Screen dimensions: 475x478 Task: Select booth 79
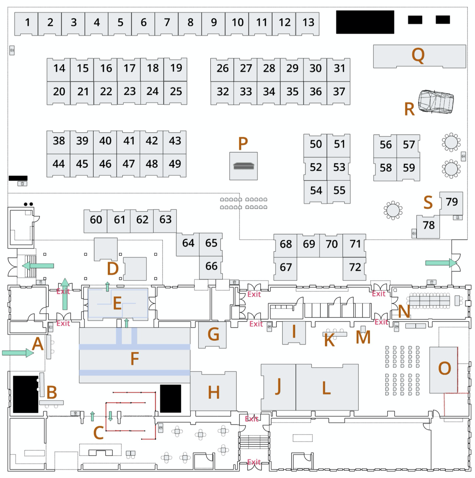pyautogui.click(x=451, y=203)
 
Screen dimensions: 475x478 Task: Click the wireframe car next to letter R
pyautogui.click(x=436, y=102)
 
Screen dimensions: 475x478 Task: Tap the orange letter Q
pyautogui.click(x=418, y=55)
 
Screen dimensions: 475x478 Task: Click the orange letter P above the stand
pyautogui.click(x=243, y=143)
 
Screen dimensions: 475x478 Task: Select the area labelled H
pyautogui.click(x=213, y=391)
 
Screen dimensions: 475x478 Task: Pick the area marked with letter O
pyautogui.click(x=444, y=369)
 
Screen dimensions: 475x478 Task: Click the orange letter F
pyautogui.click(x=135, y=358)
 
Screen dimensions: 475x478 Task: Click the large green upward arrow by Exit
pyautogui.click(x=64, y=294)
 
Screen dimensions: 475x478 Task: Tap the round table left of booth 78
pyautogui.click(x=393, y=210)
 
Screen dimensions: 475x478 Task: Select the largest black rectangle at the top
pyautogui.click(x=365, y=22)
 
